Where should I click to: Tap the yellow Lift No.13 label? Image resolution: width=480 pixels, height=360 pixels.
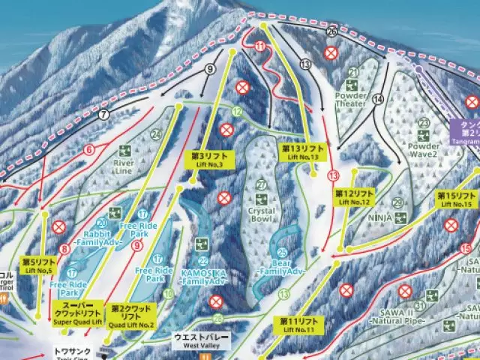pos(304,153)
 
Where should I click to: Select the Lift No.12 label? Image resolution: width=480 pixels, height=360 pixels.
pos(354,197)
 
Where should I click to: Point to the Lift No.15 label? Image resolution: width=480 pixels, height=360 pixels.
pos(457,199)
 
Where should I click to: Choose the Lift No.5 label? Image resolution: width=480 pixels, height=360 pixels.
pos(37,266)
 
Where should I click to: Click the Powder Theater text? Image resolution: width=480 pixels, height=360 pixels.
pos(352,100)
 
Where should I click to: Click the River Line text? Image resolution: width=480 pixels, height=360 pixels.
pos(123,166)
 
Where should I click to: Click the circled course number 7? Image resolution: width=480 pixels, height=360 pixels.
pos(103,115)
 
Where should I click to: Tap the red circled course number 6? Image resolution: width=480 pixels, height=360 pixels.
pos(89,150)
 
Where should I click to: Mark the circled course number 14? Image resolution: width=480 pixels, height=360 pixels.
pos(377,99)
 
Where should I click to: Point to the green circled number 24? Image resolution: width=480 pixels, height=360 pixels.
pos(155,135)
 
